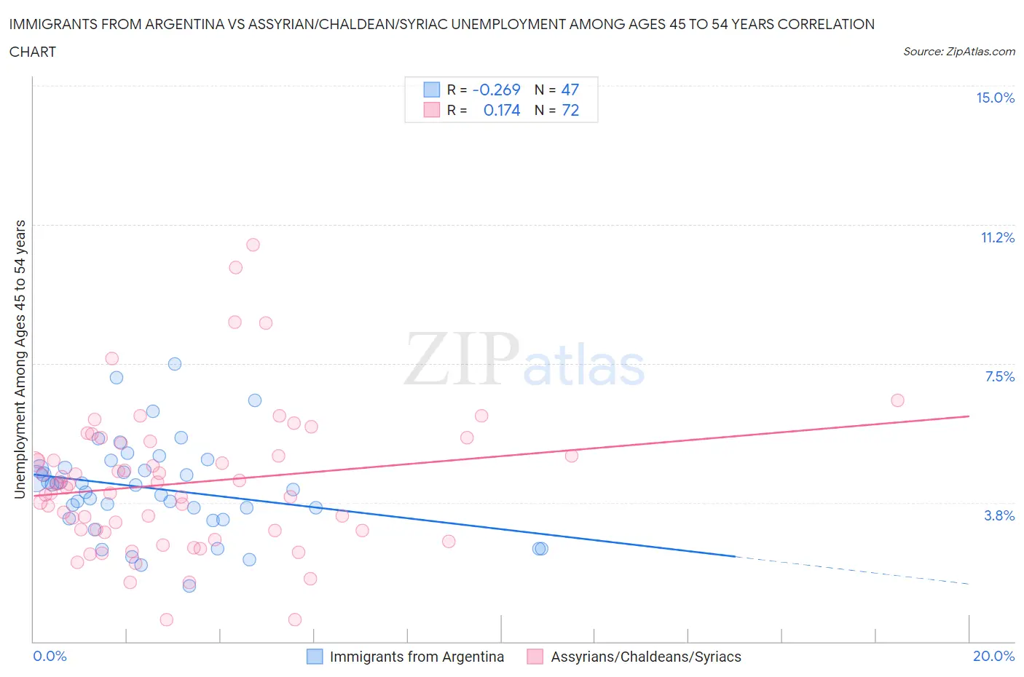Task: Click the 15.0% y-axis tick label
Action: pos(995,98)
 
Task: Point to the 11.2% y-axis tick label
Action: pos(997,237)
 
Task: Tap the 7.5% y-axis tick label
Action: pos(999,376)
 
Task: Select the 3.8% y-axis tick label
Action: pos(999,515)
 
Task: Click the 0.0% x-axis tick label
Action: pos(50,656)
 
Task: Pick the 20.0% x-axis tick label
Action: pos(993,656)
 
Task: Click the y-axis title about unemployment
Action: pos(20,359)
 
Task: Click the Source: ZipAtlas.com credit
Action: pos(958,52)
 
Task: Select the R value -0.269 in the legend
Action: pos(496,90)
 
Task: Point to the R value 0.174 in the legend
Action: pos(502,110)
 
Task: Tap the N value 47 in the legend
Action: pos(570,90)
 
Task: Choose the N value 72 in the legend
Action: pos(570,110)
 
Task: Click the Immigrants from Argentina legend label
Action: pos(417,657)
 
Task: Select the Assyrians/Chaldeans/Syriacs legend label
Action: pos(645,657)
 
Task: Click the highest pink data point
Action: pos(253,245)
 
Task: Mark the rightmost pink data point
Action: pos(897,400)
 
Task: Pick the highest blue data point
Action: pos(175,364)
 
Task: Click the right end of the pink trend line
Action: pos(969,416)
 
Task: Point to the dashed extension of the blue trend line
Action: pos(852,570)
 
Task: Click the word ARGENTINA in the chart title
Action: pos(193,24)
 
